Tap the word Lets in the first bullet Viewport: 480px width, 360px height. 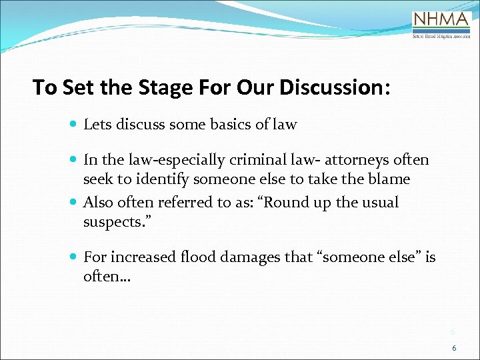[x=96, y=124]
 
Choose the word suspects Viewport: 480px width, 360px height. [x=109, y=221]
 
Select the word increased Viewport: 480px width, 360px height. [x=141, y=257]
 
